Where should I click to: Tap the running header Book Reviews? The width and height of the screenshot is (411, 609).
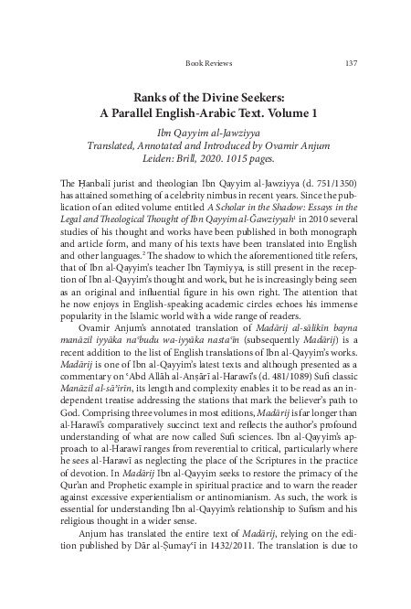coord(208,63)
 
